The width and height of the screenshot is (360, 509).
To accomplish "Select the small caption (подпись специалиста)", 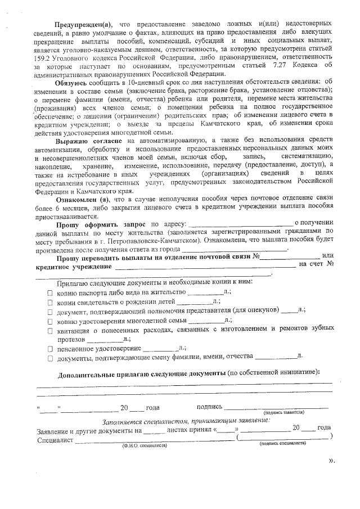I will click(x=283, y=443).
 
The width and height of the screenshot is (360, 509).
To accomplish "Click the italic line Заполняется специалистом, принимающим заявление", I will click(x=186, y=420).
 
